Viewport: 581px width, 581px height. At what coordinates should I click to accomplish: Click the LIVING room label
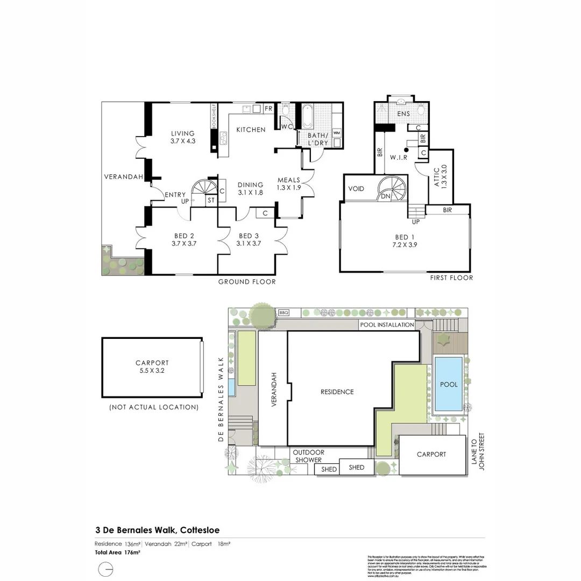182,134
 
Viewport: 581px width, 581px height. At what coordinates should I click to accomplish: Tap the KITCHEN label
251,130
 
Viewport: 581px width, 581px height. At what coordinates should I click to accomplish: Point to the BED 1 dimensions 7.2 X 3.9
405,244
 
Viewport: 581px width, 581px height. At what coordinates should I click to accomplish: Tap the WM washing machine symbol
337,132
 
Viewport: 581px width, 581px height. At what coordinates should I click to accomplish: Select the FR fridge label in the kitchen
268,109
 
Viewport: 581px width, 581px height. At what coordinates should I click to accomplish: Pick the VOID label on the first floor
356,189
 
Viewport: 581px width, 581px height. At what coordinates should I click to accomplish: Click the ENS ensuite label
403,114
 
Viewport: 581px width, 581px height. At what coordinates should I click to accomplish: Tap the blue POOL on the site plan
449,385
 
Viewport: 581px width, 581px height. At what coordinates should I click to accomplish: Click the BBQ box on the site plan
284,312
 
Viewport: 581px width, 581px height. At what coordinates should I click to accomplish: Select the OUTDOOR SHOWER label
308,456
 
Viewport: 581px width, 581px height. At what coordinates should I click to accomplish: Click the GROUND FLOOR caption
247,282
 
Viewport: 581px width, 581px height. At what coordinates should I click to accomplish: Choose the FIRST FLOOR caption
451,278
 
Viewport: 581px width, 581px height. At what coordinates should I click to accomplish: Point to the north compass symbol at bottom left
107,569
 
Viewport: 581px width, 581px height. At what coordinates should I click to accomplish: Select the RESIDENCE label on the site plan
337,392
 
